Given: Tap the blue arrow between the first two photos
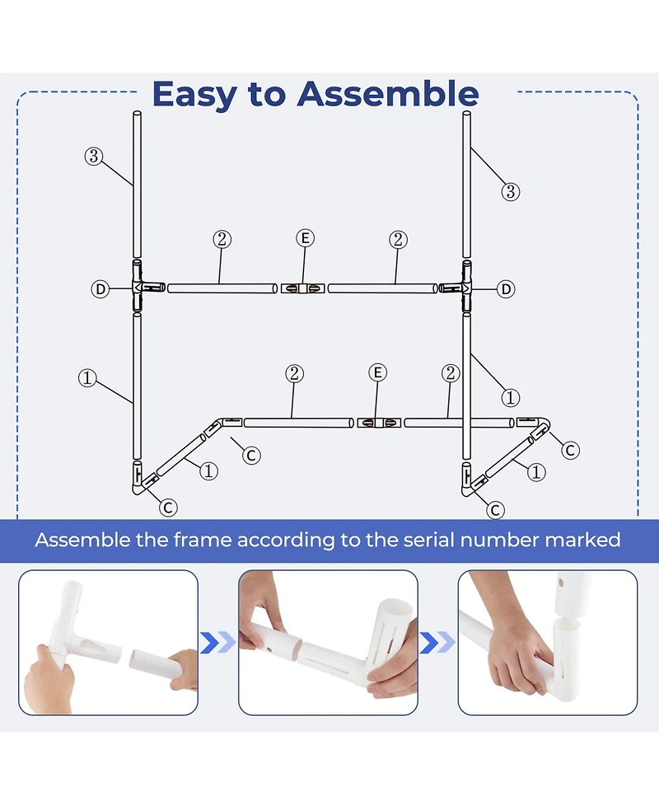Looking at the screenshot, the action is point(217,643).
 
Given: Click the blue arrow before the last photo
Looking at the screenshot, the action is point(437,643).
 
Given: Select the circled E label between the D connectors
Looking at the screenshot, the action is point(306,238).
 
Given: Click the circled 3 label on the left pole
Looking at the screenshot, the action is point(93,156).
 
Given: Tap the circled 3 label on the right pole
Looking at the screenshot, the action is point(510,192).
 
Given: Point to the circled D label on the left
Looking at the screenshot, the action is point(100,289).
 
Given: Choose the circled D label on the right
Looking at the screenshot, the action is point(506,289).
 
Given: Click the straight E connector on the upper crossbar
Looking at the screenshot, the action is point(303,288).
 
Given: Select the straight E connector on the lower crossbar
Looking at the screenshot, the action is point(379,423).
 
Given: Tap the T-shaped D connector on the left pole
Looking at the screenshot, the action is point(141,287).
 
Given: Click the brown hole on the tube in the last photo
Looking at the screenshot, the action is point(562,583).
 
